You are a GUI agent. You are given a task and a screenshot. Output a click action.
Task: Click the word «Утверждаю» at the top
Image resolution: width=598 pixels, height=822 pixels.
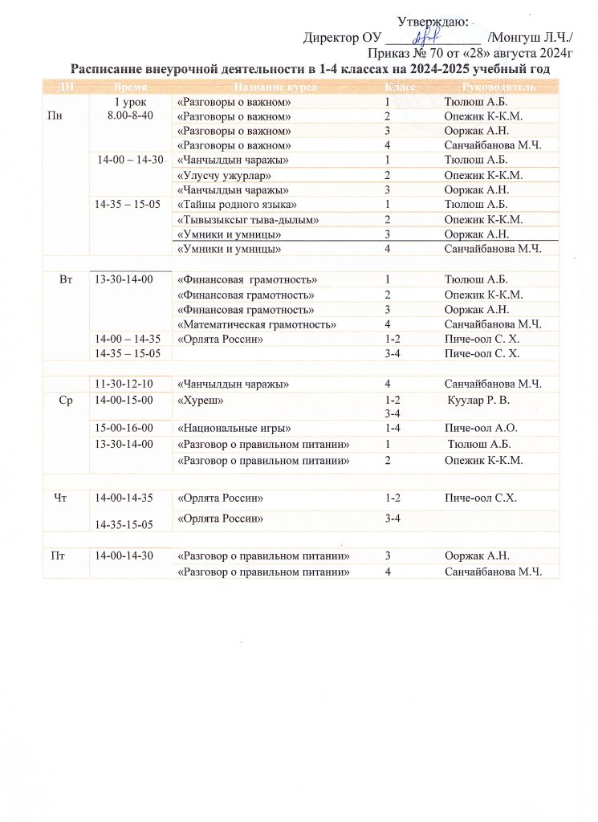433,22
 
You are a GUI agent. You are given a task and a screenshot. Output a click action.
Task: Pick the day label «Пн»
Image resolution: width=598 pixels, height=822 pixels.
55,116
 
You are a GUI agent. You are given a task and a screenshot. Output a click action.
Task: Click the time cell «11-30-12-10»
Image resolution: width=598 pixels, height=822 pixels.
124,383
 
